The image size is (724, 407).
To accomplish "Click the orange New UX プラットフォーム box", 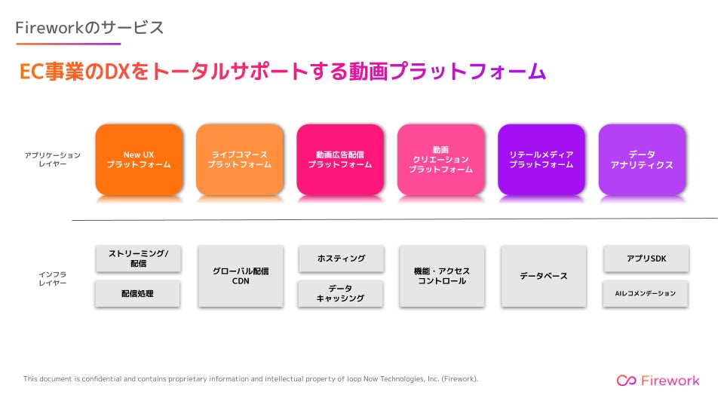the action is (x=139, y=160).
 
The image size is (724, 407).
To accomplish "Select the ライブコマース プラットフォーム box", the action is (x=240, y=160).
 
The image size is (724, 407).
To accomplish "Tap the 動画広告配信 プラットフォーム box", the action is (x=340, y=160).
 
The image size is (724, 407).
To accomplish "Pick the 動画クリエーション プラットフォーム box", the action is (x=441, y=160).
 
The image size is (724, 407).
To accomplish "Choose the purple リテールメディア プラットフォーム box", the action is (x=541, y=160).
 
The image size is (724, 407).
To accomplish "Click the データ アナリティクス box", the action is (x=643, y=160).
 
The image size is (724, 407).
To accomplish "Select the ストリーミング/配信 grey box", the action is (x=139, y=259).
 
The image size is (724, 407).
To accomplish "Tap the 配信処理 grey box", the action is (x=137, y=293).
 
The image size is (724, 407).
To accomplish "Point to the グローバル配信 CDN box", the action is (x=241, y=276).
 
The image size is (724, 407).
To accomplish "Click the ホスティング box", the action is (x=341, y=259).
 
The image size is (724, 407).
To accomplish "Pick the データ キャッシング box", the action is (x=340, y=293).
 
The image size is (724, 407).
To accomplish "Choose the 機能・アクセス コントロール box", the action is (x=442, y=276).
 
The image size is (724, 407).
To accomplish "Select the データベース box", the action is (x=544, y=276).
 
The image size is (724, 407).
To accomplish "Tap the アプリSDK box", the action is (x=646, y=259).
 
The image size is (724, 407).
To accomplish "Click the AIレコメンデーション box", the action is (x=646, y=293).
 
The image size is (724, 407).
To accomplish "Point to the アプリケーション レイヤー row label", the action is (x=53, y=159).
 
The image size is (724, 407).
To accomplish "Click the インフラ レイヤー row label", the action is (x=53, y=279).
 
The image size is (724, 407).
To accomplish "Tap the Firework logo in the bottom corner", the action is (x=658, y=380).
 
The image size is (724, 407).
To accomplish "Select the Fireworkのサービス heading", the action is (x=90, y=28).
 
